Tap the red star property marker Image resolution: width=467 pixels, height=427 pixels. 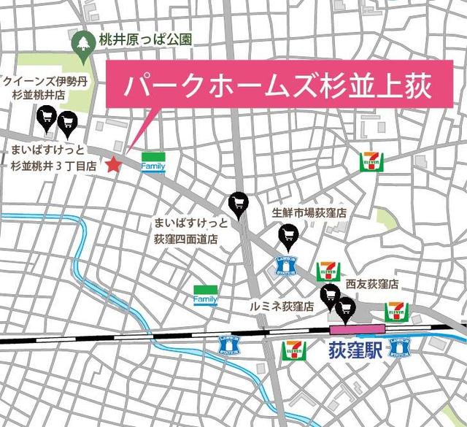pos(113,165)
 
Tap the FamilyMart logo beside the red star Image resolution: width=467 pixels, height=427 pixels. pos(153,162)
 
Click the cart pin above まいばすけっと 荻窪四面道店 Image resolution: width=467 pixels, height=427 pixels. pos(238,201)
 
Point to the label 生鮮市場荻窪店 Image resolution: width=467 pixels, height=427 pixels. pos(309,213)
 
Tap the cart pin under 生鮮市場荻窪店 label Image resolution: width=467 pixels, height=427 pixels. pos(289,234)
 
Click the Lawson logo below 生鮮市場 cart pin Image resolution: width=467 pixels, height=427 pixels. pos(284,265)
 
